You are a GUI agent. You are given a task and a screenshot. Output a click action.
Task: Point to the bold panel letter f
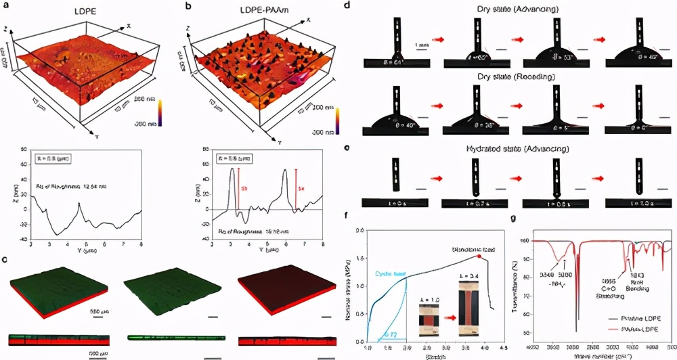click(x=347, y=218)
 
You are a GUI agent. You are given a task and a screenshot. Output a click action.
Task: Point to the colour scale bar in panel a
click(x=160, y=111)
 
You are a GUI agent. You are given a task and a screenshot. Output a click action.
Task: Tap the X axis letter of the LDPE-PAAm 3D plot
click(x=309, y=20)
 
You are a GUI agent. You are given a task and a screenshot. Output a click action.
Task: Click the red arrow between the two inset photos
click(x=447, y=314)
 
